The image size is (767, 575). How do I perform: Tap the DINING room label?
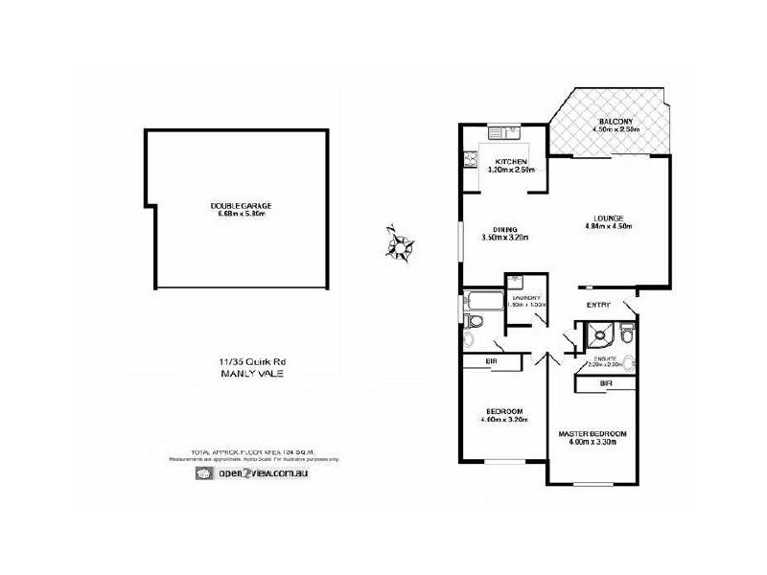(505, 229)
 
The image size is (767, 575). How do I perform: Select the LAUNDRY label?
(526, 297)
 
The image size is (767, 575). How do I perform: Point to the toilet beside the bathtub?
(469, 337)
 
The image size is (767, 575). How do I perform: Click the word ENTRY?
(599, 305)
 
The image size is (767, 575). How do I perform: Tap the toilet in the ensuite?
(626, 334)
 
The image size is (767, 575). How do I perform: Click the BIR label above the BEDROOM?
(490, 361)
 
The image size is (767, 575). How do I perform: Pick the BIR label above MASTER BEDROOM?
(605, 383)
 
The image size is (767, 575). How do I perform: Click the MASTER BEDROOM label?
(593, 434)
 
